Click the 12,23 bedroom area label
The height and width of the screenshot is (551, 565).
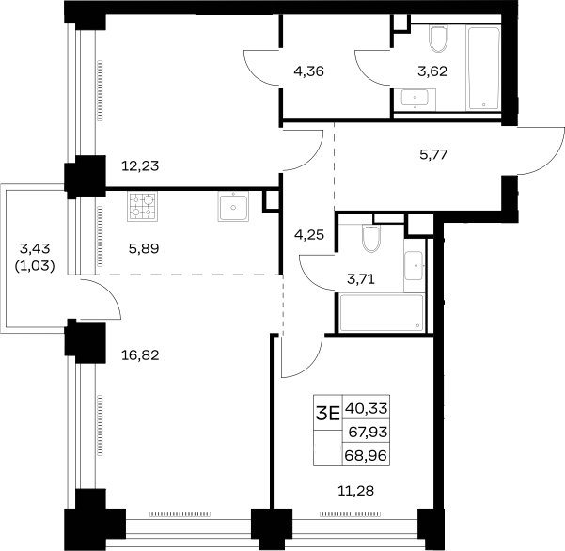140,166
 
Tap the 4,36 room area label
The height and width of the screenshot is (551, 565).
308,71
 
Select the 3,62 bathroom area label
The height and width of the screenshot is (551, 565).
432,71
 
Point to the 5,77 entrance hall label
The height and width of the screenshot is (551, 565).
433,154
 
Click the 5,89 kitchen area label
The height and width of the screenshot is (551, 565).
144,248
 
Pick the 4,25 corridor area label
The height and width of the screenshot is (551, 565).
309,235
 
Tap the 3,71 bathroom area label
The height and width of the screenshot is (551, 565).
361,279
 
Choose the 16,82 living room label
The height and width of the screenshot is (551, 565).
140,355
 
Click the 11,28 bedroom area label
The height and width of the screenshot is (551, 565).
355,491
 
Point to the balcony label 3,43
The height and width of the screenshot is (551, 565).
35,248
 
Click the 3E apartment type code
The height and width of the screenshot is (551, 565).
327,414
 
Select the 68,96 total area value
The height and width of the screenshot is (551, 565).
366,455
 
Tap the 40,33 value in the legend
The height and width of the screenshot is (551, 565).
367,409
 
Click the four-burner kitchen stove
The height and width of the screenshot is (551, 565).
142,206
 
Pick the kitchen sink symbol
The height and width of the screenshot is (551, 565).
233,206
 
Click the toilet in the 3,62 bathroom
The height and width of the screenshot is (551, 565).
439,39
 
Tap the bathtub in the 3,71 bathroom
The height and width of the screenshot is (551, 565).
382,313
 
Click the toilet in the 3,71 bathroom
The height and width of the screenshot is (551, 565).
371,239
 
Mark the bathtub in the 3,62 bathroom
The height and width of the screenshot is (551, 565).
483,68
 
